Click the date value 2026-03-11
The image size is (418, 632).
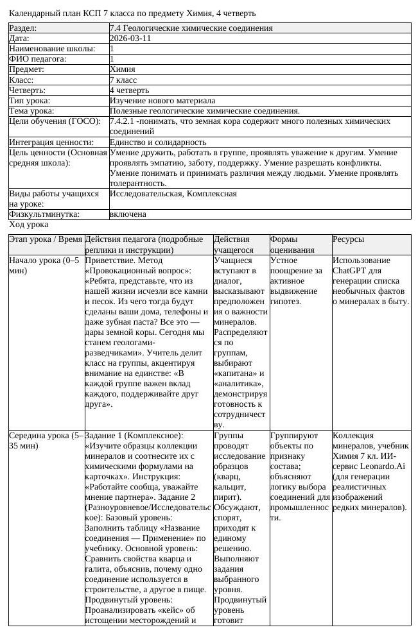130,38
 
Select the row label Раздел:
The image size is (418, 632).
22,28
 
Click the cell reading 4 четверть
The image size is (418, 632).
128,90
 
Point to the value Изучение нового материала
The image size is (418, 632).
162,101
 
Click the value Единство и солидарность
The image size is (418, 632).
158,142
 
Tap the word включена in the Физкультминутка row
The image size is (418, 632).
128,214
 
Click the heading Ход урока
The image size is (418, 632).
28,225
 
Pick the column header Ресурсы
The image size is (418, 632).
348,239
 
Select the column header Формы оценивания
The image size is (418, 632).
292,244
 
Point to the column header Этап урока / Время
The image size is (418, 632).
45,239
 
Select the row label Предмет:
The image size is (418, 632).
26,69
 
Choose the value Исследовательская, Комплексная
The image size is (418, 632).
173,194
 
